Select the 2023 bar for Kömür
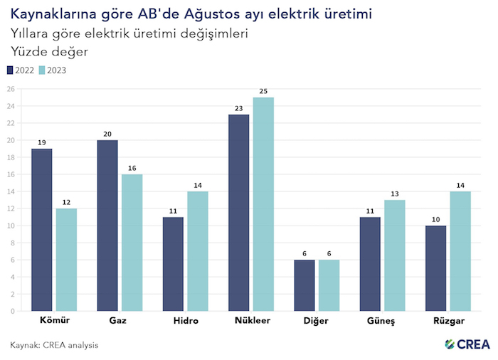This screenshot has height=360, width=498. pos(65,260)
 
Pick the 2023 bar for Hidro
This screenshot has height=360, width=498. pos(197,251)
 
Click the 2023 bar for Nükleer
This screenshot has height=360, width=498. pos(263,204)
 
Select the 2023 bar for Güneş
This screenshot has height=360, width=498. pos(395,255)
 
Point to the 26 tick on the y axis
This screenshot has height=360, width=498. pos(11,89)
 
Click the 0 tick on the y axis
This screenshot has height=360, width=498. pos(13,311)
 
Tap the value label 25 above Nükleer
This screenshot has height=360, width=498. pos(263,91)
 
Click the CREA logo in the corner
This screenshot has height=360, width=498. pos(467,344)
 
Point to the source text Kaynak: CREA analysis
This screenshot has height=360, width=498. pos(54,345)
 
